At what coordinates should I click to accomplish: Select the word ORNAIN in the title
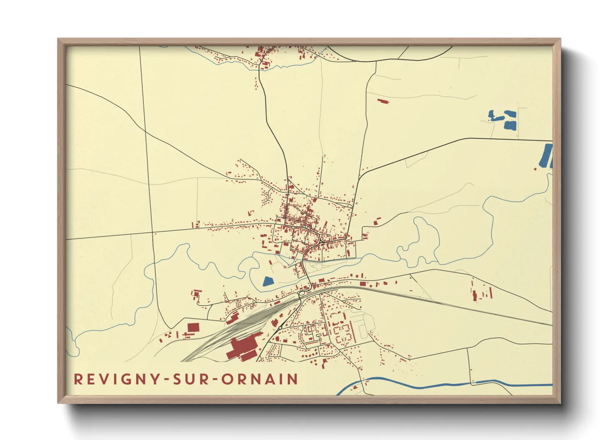259,379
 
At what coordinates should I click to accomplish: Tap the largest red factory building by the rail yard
243,348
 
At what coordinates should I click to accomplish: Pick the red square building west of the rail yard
193,327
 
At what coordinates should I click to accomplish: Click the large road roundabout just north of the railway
302,293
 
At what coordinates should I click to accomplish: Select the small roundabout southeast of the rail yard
280,328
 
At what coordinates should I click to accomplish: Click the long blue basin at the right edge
546,156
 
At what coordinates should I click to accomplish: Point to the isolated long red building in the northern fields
383,101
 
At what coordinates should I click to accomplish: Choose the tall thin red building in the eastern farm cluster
491,293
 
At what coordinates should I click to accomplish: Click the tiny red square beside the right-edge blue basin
535,168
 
